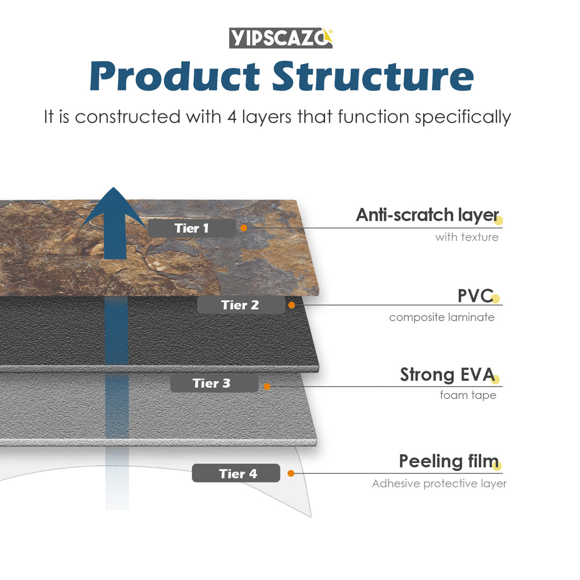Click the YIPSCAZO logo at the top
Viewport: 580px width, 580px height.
[x=281, y=38]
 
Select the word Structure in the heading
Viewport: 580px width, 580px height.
[x=373, y=76]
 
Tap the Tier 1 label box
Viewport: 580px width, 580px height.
[x=192, y=228]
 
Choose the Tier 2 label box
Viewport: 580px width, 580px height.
[x=241, y=305]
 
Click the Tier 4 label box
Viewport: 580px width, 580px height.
[x=236, y=474]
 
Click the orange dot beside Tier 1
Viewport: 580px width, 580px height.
[x=243, y=228]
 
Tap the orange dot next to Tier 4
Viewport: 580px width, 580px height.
[x=291, y=474]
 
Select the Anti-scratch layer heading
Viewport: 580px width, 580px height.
[x=427, y=215]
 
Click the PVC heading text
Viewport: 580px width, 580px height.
[x=475, y=295]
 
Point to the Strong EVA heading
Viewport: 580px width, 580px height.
[x=447, y=375]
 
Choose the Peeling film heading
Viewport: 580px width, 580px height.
[x=448, y=461]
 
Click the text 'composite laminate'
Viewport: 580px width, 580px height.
[x=441, y=317]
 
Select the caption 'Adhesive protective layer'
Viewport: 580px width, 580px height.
[x=439, y=484]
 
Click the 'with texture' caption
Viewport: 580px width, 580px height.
[x=466, y=237]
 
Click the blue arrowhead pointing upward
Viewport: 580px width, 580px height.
[x=113, y=209]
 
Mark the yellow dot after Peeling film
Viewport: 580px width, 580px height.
[x=497, y=466]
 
